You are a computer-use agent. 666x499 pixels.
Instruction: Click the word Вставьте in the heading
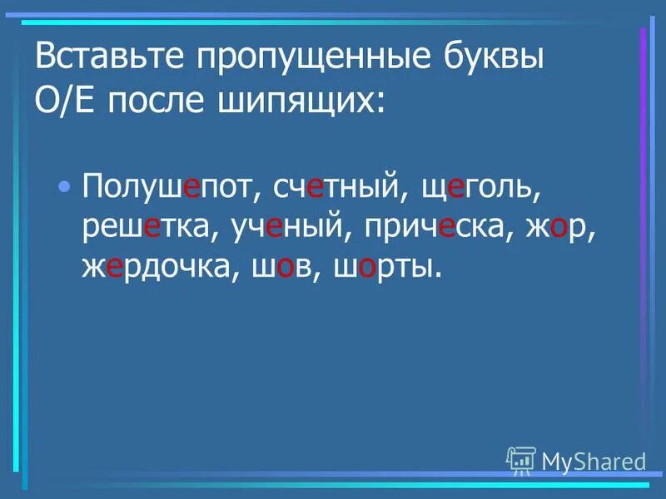pos(105,60)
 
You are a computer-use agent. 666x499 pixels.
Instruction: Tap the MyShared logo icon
pos(521,460)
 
